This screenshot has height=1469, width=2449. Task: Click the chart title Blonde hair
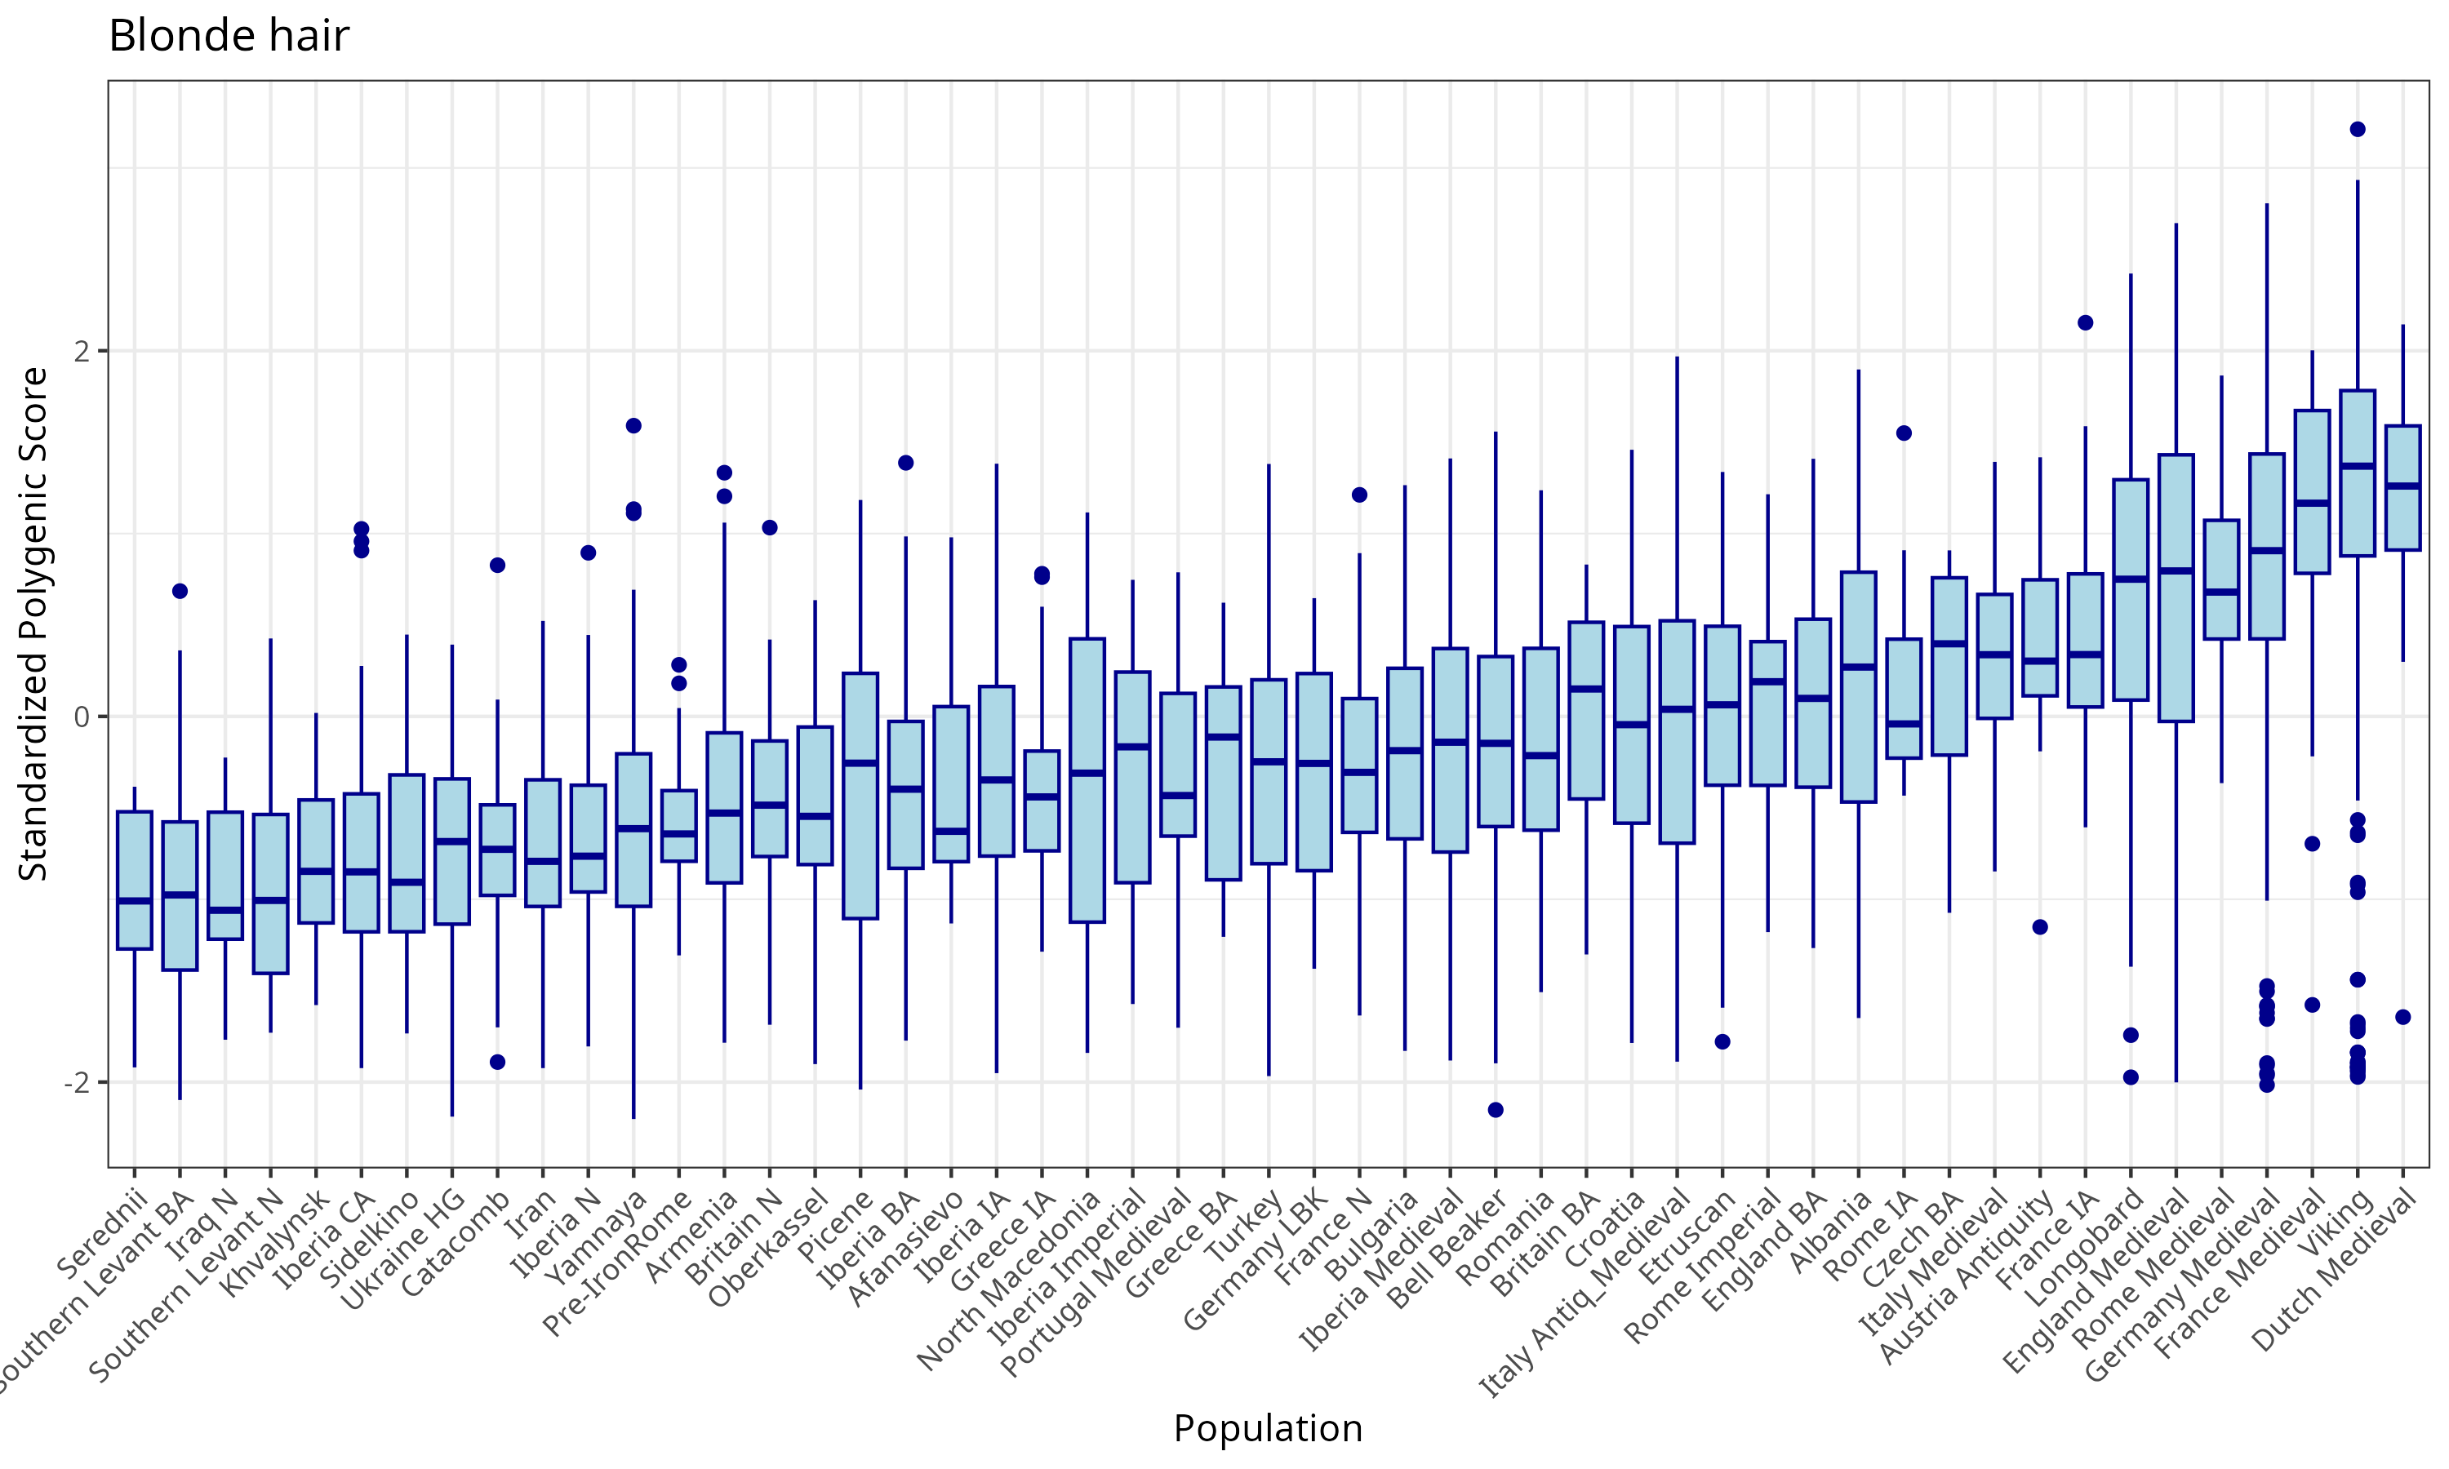[x=228, y=37]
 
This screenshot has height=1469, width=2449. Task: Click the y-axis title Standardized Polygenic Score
[x=33, y=624]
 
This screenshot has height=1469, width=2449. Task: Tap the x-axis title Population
[x=1267, y=1428]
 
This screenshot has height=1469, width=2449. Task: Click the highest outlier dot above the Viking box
[x=2357, y=130]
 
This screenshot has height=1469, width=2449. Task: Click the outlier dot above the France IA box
[x=2085, y=322]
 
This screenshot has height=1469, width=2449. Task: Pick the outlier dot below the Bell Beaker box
[x=1496, y=1110]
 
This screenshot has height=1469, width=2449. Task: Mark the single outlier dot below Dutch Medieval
[x=2402, y=1018]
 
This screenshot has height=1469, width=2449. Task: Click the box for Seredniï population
[x=135, y=879]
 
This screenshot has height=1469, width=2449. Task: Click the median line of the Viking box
[x=2357, y=465]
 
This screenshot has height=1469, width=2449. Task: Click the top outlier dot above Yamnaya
[x=633, y=426]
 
